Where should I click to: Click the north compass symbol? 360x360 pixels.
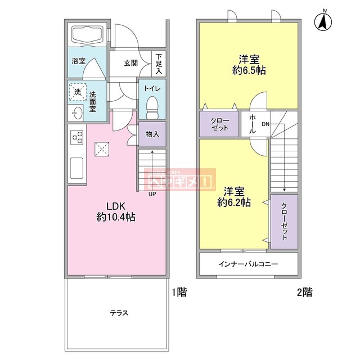click(x=324, y=21)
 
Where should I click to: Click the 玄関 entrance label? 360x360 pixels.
click(x=131, y=63)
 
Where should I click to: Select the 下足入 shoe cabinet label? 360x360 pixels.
click(x=159, y=64)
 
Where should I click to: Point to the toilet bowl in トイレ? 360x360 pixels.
click(x=152, y=106)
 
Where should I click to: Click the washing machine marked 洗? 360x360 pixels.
click(x=78, y=91)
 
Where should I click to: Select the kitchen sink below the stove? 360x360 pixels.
click(x=76, y=168)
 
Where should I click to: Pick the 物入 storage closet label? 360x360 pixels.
click(x=152, y=134)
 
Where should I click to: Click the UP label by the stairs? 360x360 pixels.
click(x=152, y=194)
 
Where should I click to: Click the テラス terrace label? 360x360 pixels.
click(x=119, y=313)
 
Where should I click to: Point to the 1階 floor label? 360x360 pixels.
click(x=179, y=292)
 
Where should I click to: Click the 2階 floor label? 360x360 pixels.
click(x=304, y=292)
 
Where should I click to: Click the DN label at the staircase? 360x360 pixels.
click(x=265, y=124)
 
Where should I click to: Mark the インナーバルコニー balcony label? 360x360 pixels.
click(x=247, y=264)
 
